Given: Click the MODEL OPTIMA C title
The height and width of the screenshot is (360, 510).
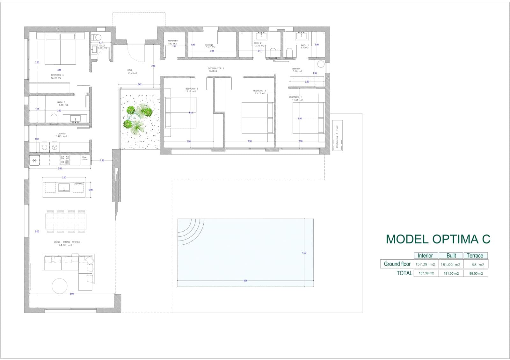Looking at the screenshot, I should (438, 239).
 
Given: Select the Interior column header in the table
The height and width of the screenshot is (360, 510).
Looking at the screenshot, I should (425, 256).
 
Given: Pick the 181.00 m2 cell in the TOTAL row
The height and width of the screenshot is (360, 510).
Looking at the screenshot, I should (451, 273).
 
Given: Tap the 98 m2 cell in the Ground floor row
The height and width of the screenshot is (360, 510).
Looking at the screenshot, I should (475, 264).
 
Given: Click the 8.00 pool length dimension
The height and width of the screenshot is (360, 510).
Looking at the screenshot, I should (245, 281).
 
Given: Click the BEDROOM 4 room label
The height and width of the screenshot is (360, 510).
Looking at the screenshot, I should (57, 75).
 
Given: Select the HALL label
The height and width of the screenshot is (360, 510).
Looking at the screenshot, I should (130, 70).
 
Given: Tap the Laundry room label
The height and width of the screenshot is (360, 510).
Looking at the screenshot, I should (62, 134).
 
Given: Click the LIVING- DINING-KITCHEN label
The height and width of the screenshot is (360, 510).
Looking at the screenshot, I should (67, 242).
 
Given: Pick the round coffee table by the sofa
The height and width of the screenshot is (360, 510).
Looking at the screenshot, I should (60, 286).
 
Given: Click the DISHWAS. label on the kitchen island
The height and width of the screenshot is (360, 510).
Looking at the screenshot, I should (78, 184).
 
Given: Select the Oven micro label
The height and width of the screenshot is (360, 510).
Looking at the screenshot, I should (84, 158).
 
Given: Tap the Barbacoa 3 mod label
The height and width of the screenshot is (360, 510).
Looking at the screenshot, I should (337, 137).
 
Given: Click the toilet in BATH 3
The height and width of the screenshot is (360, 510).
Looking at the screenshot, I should (54, 119).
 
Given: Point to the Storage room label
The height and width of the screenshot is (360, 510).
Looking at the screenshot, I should (209, 45).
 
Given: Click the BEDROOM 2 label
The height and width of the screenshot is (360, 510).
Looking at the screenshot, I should (260, 90).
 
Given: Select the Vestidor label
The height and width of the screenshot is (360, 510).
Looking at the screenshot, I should (295, 69).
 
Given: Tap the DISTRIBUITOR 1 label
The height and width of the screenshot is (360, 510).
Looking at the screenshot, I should (216, 68).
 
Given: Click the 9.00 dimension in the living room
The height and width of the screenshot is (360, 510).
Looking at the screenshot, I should (37, 232).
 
